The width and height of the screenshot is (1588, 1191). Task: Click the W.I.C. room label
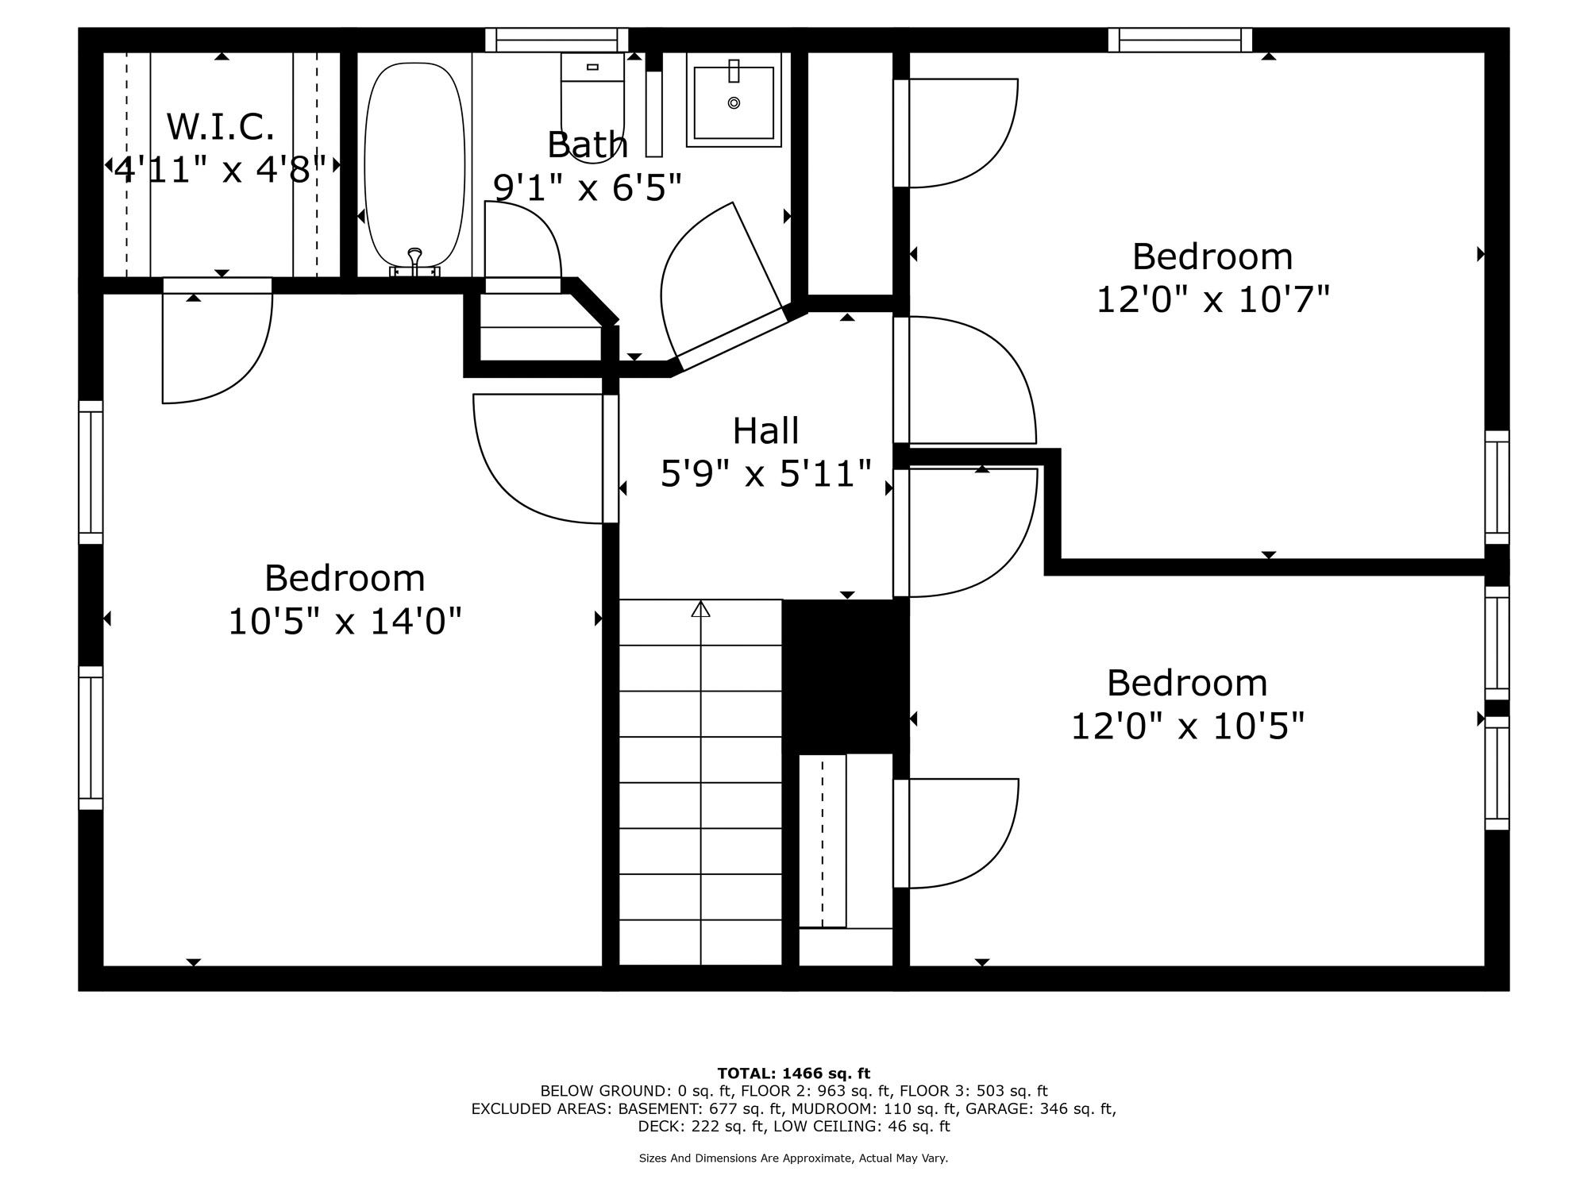[x=221, y=127]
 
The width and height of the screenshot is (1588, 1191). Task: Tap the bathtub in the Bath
[x=414, y=165]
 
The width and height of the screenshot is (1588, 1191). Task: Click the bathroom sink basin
[x=734, y=102]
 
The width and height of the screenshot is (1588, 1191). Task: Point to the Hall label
[x=765, y=431]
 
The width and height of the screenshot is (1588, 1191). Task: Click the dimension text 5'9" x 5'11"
[x=766, y=474]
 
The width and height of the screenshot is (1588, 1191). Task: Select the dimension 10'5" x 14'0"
[x=345, y=621]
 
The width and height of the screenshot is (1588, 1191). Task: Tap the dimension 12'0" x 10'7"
[x=1212, y=300]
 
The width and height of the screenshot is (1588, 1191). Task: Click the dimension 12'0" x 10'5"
[x=1188, y=726]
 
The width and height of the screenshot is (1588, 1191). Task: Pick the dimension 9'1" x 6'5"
[x=588, y=187]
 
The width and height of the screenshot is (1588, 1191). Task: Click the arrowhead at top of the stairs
[x=700, y=609]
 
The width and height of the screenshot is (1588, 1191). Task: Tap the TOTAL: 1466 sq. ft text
[x=794, y=1073]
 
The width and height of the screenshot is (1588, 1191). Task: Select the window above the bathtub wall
[x=557, y=40]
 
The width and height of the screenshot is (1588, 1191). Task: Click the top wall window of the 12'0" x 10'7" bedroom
[x=1180, y=40]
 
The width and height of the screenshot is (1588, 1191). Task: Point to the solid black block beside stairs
[x=846, y=675]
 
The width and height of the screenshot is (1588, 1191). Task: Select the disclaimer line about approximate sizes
[x=794, y=1158]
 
